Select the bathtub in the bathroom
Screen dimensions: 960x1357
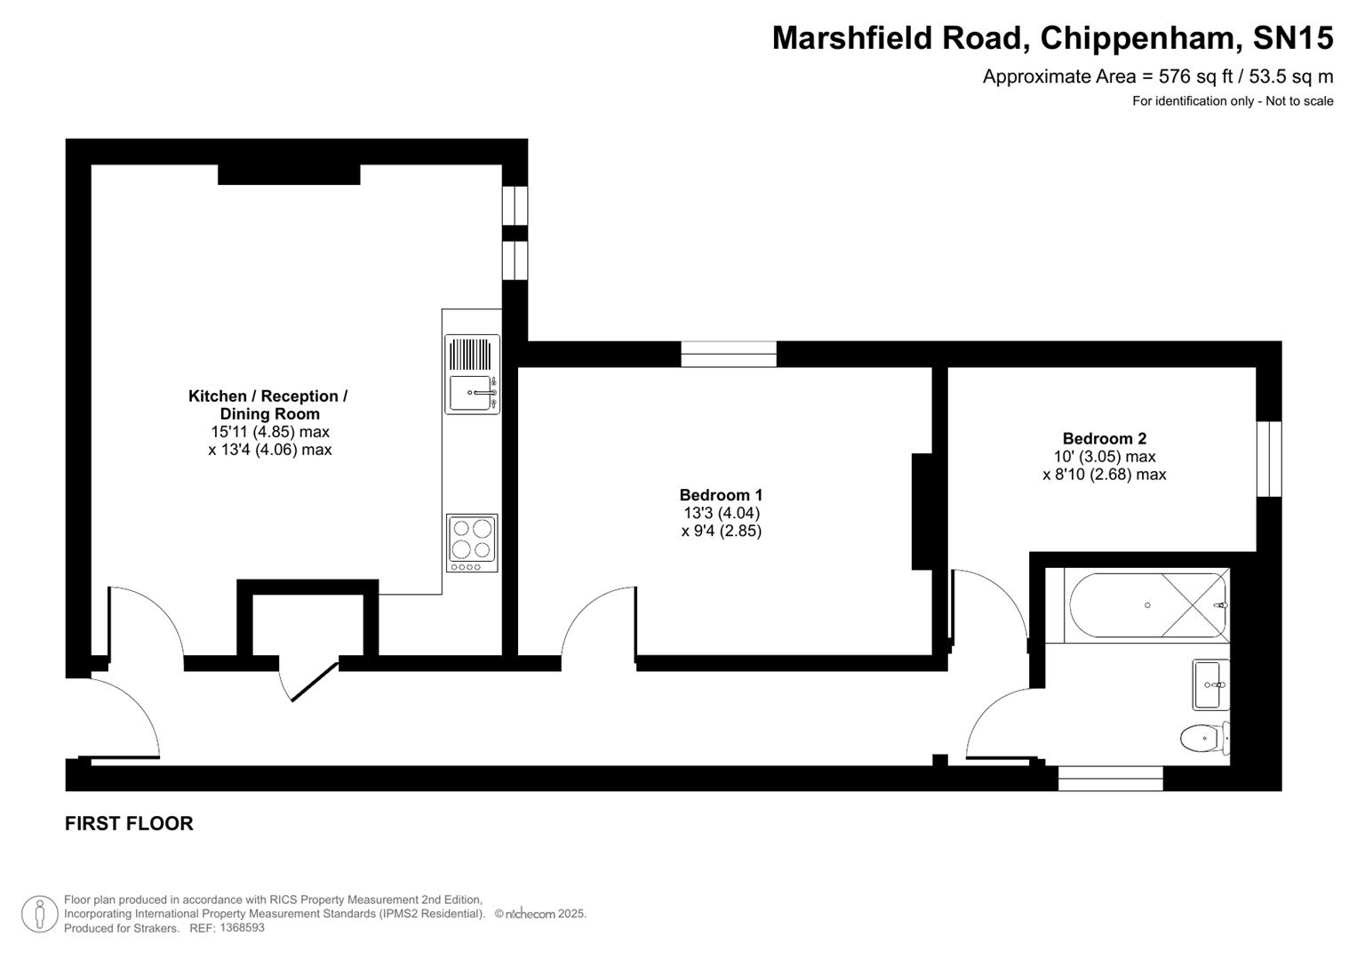click(x=1147, y=605)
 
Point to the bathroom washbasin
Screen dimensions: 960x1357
click(x=1209, y=684)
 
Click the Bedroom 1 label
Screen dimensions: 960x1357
click(x=721, y=495)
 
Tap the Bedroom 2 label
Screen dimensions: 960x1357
click(x=1104, y=438)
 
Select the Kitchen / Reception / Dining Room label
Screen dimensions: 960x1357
click(x=267, y=404)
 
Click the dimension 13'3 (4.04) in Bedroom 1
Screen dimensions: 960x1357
click(x=721, y=513)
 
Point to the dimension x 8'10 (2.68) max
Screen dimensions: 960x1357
click(x=1104, y=475)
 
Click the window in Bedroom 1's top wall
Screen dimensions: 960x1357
click(x=729, y=354)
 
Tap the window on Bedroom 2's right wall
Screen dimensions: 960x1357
click(x=1269, y=459)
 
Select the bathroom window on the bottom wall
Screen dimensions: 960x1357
click(x=1110, y=779)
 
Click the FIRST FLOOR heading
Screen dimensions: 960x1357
click(x=129, y=823)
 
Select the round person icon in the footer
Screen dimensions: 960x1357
click(x=39, y=914)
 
